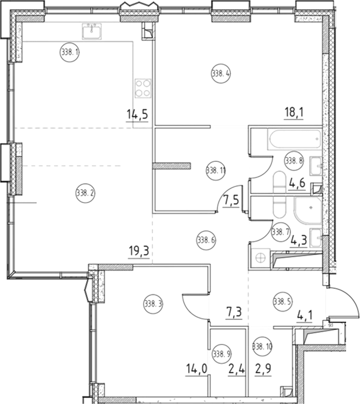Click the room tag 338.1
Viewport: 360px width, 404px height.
[70, 53]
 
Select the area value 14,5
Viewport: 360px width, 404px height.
[137, 115]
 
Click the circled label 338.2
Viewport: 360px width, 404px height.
[85, 193]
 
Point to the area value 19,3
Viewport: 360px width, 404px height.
[139, 251]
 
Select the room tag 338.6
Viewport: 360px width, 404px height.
[206, 240]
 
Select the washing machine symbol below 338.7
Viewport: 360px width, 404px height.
[259, 258]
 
